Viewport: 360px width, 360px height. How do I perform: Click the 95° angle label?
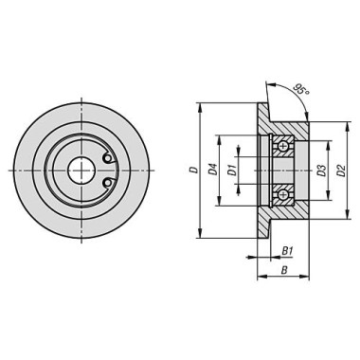coord(300,89)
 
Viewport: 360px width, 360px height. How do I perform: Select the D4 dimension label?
coord(213,170)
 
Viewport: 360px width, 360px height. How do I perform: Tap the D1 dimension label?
coord(232,171)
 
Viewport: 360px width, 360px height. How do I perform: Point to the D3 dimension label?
coord(321,171)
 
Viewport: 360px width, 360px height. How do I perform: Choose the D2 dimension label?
coord(341,171)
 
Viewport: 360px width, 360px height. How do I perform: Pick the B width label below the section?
coord(284,270)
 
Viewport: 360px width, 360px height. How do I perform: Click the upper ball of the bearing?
coord(283,146)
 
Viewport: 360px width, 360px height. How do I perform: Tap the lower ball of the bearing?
coord(283,194)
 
